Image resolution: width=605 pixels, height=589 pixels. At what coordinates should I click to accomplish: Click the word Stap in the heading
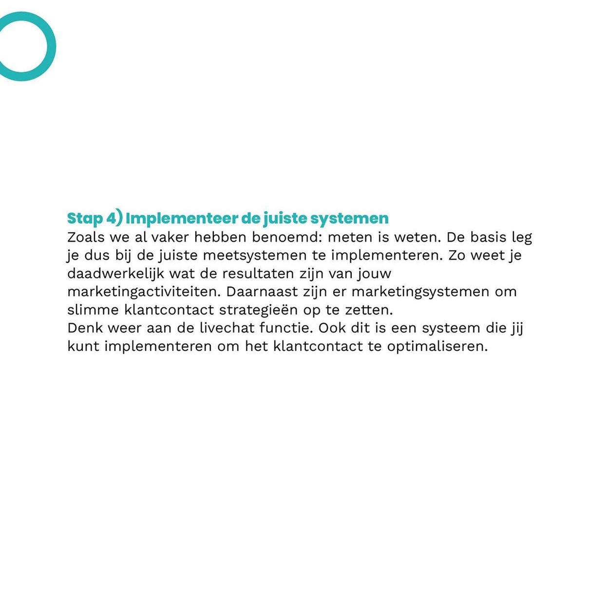point(85,218)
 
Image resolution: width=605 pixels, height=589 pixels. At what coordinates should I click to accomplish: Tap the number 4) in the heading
point(114,218)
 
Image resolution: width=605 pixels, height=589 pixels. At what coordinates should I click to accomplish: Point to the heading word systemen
point(349,218)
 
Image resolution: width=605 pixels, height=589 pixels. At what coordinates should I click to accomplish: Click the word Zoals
point(86,237)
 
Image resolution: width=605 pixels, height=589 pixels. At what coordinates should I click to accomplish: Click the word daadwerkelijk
point(115,274)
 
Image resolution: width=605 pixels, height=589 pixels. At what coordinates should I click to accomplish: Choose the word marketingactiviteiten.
point(144,292)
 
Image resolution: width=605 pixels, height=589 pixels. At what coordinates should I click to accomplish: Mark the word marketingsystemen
point(420,292)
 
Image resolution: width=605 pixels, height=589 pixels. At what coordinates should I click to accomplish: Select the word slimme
point(93,310)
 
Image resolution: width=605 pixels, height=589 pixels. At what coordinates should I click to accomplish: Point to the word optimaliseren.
point(437,346)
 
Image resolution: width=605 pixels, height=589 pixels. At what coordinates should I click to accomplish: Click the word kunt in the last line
point(83,346)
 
